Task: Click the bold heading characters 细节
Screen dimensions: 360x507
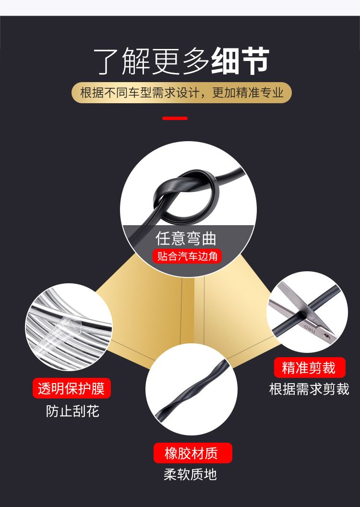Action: coord(240,60)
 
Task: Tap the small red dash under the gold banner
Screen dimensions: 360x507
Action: coord(175,118)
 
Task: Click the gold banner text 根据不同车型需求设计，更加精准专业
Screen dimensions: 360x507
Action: coord(181,93)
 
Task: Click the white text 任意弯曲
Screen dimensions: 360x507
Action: coord(185,238)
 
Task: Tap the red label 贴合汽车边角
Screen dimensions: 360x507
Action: coord(187,256)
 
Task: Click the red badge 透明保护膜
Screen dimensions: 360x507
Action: coord(72,388)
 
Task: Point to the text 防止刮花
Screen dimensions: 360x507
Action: coord(72,411)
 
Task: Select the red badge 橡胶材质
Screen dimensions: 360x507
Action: coord(192,453)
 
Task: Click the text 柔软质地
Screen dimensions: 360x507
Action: coord(190,474)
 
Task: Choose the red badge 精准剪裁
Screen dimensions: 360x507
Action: coord(309,368)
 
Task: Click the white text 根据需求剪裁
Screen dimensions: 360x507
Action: coord(309,389)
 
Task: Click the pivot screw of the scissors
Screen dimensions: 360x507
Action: coord(326,337)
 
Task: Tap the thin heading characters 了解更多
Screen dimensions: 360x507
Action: coord(151,61)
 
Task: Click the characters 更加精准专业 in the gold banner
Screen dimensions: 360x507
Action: coord(248,93)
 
